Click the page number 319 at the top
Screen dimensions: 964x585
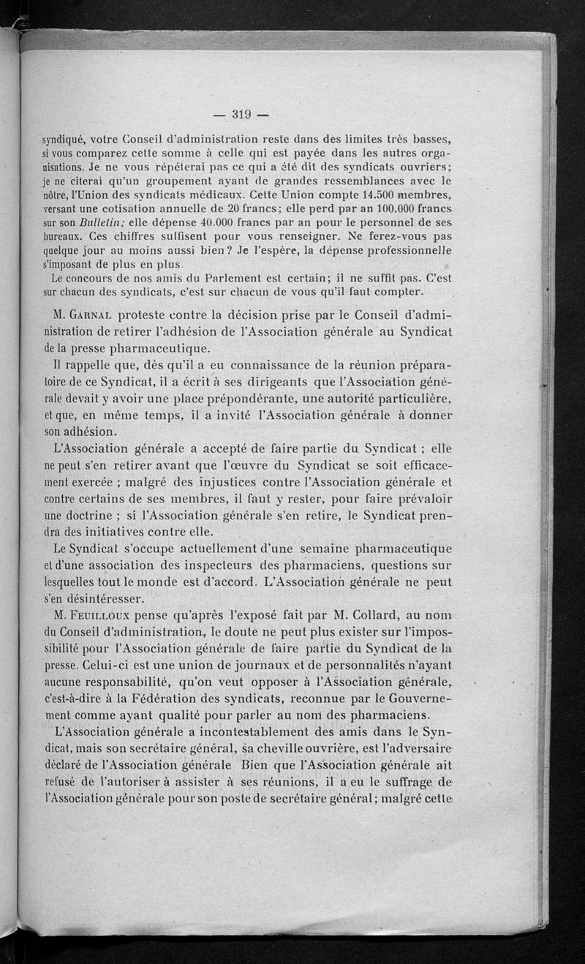[x=241, y=113]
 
